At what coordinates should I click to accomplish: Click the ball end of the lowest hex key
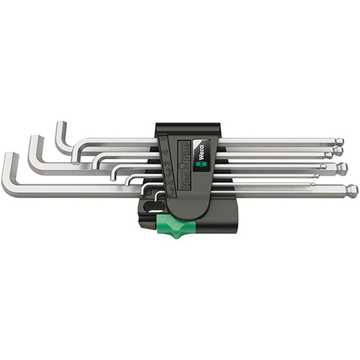[x=351, y=192]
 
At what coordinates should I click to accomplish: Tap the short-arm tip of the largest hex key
[x=8, y=156]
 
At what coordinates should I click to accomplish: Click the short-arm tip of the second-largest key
[x=33, y=138]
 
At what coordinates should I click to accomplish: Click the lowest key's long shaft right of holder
[x=288, y=191]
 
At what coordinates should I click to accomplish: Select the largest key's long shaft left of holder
[x=72, y=189]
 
